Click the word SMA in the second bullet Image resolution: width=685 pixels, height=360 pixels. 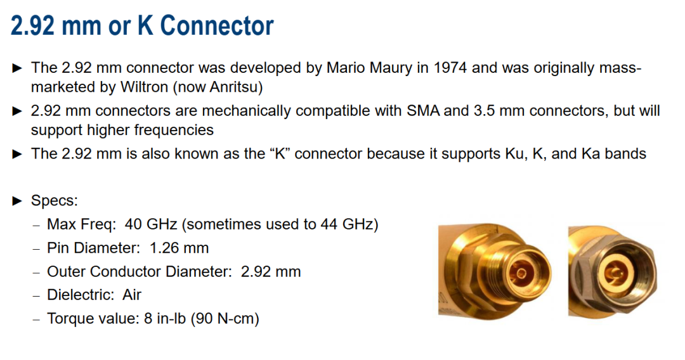click(x=423, y=110)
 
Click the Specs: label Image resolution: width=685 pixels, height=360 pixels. click(x=54, y=201)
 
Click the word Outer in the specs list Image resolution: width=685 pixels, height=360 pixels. click(x=67, y=271)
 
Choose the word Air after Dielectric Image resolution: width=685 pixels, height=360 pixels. click(x=131, y=295)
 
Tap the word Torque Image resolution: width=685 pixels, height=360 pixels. click(x=69, y=319)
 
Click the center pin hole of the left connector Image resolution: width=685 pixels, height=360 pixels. click(x=521, y=274)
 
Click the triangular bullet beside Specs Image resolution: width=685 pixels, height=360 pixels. click(x=18, y=201)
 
